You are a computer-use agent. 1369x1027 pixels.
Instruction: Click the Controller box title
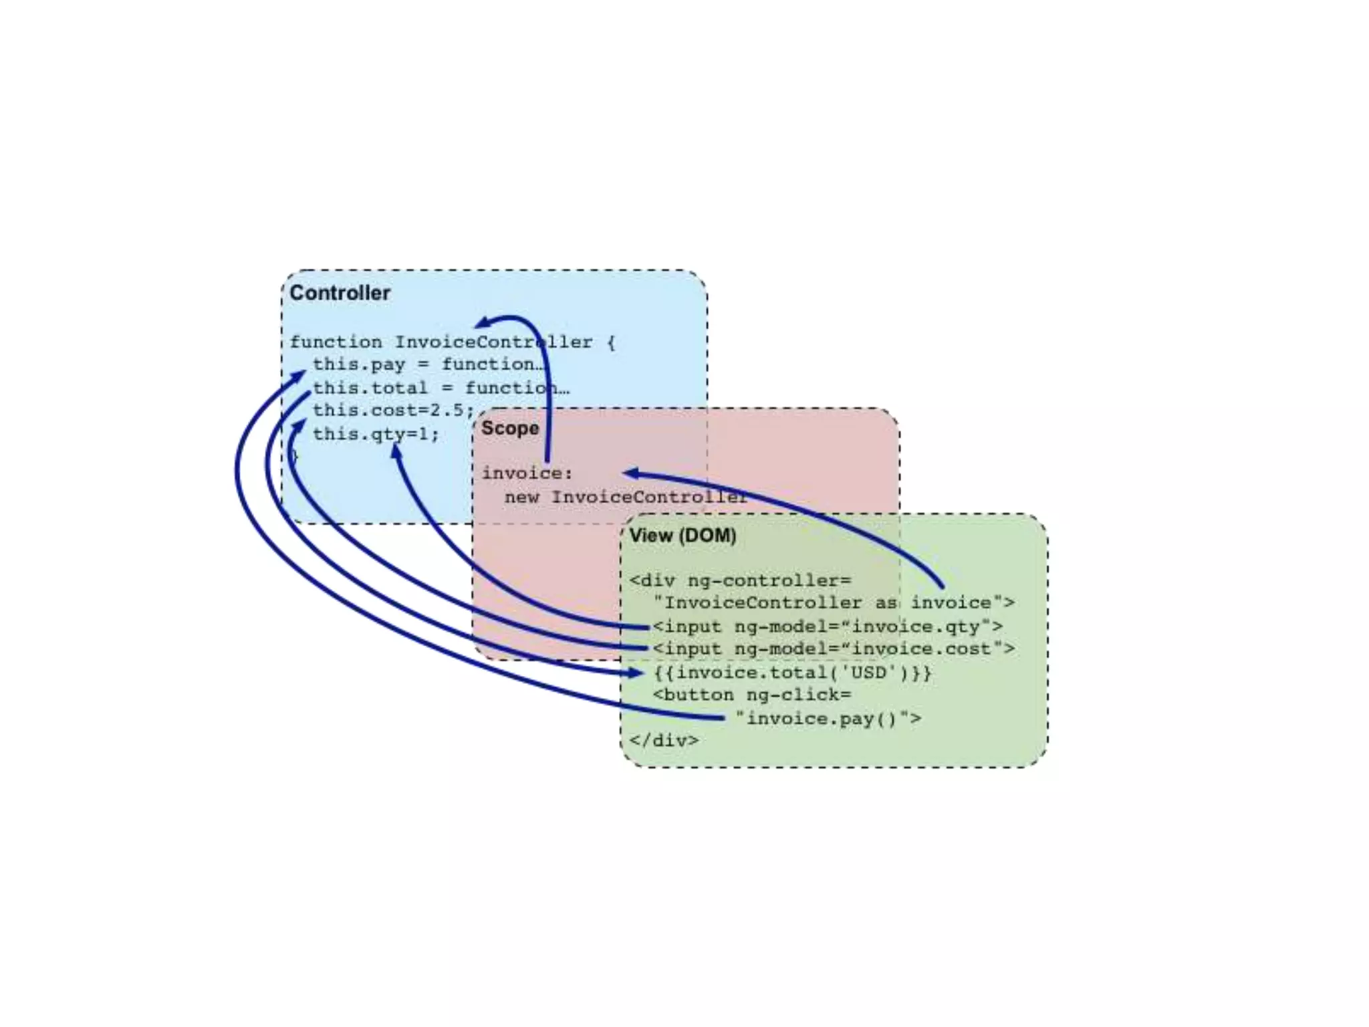[x=340, y=293]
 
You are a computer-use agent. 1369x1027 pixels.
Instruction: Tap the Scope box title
[x=509, y=428]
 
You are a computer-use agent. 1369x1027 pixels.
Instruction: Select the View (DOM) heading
[x=682, y=536]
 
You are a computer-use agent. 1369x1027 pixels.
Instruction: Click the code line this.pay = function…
[x=428, y=364]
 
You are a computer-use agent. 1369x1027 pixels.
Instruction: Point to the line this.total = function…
[x=441, y=388]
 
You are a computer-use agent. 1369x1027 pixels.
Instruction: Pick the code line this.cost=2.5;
[x=393, y=410]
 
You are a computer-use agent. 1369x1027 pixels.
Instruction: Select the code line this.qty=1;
[x=376, y=434]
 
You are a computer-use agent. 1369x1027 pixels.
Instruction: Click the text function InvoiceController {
[x=452, y=342]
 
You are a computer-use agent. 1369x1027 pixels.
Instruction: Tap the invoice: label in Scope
[x=527, y=473]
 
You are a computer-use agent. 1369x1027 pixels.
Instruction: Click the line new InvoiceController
[x=626, y=497]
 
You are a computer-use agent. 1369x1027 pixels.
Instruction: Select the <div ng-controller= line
[x=740, y=580]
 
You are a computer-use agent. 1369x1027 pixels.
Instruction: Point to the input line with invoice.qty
[x=828, y=626]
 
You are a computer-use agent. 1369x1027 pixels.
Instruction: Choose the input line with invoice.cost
[x=833, y=649]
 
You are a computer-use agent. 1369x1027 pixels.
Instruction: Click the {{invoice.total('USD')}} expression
[x=793, y=672]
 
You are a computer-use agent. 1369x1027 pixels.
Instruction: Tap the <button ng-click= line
[x=752, y=695]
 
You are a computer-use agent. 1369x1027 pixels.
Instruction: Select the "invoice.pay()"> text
[x=828, y=719]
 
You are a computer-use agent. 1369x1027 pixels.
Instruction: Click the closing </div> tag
[x=664, y=741]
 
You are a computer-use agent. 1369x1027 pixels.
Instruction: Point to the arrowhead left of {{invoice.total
[x=636, y=673]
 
